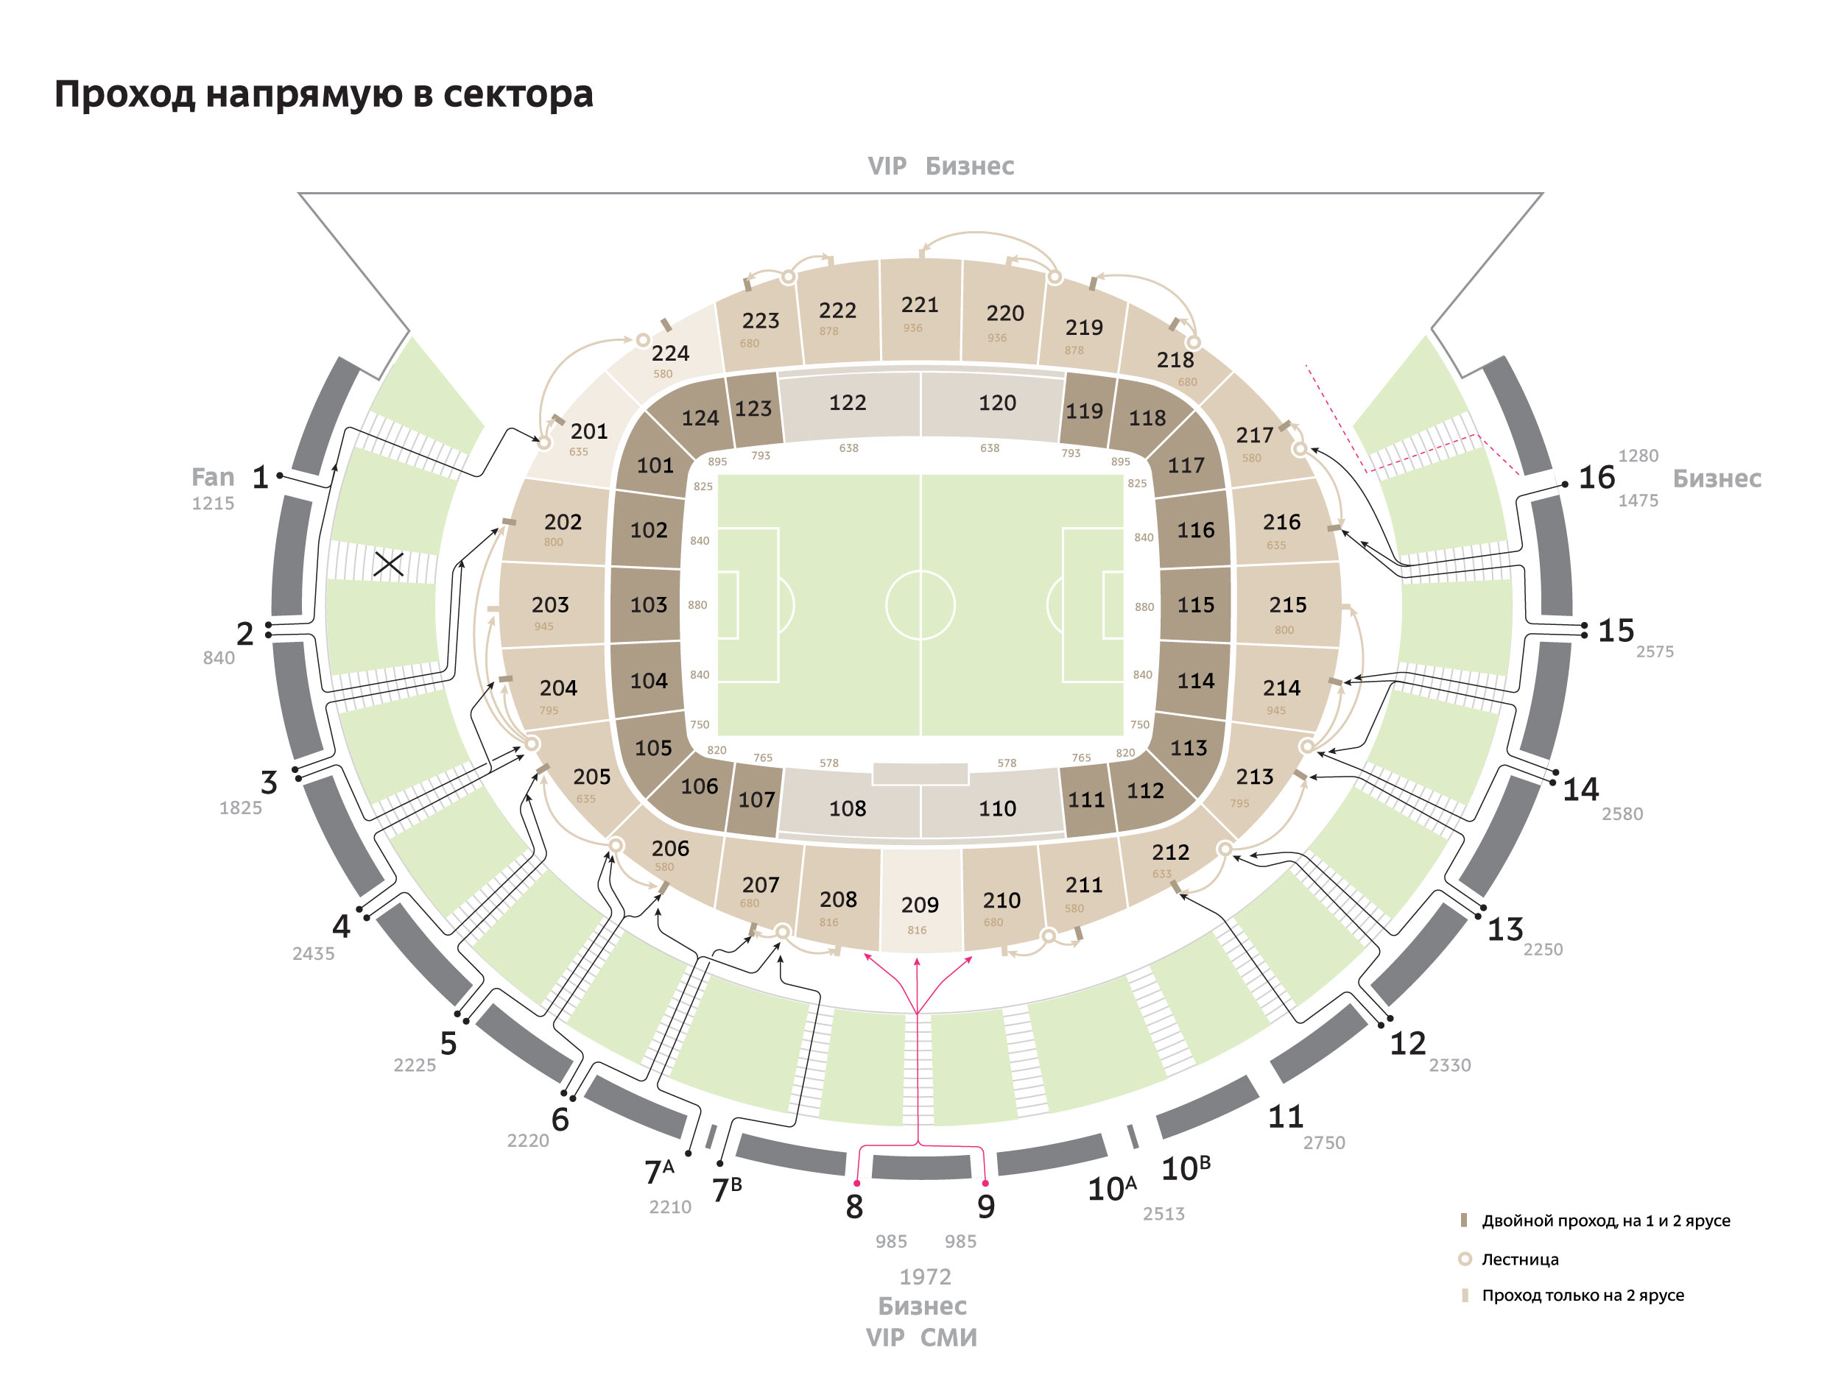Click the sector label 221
pos(920,305)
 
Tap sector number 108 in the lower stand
pos(848,809)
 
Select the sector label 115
pos(1195,605)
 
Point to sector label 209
pos(920,905)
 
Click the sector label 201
pos(589,431)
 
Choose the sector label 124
pos(700,417)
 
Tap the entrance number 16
pos(1597,478)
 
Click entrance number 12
pos(1407,1043)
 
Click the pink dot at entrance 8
pos(856,1183)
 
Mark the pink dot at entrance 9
pos(985,1183)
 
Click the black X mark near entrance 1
pos(389,564)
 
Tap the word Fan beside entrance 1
pos(213,478)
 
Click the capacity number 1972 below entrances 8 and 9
pos(925,1276)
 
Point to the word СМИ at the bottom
pos(948,1338)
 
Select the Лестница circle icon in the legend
pos(1465,1259)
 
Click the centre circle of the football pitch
pos(921,605)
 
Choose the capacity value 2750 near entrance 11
pos(1323,1143)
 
